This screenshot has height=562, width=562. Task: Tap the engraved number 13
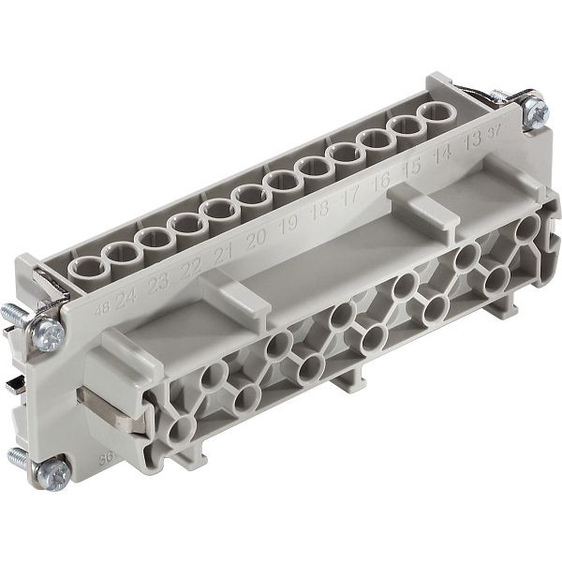coord(472,140)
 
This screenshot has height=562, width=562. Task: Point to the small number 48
coord(102,303)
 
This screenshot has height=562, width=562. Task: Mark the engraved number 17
coord(351,197)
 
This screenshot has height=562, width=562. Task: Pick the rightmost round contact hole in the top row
coord(434,114)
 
